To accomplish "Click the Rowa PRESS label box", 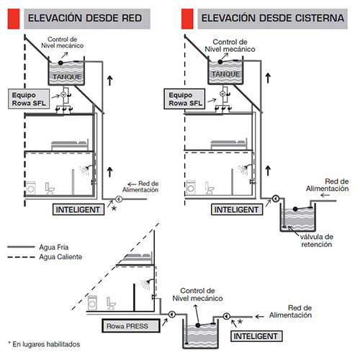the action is pos(131,325).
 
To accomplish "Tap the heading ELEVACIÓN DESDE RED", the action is pos(85,18).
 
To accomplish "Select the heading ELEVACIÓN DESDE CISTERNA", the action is pos(273,18).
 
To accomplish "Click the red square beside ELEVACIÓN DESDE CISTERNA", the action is pos(187,19).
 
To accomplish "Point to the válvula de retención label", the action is pos(317,240).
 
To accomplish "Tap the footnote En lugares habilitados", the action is pos(44,344).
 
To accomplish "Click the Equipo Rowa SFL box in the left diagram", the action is pos(29,99).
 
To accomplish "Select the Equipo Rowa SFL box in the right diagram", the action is pos(184,99).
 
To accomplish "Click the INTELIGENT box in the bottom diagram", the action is pos(256,336).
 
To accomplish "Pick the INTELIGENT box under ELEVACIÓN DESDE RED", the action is pos(78,210).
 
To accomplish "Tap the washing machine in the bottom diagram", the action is pos(92,302).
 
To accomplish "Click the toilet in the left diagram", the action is pos(50,189).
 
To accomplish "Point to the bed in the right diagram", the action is pos(229,145).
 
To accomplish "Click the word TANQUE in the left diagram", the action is pos(67,77).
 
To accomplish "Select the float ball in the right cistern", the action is pos(295,209).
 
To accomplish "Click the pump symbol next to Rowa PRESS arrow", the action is pos(172,314).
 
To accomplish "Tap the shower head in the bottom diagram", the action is pos(146,284).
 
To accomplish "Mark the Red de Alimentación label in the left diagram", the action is pos(143,186).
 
